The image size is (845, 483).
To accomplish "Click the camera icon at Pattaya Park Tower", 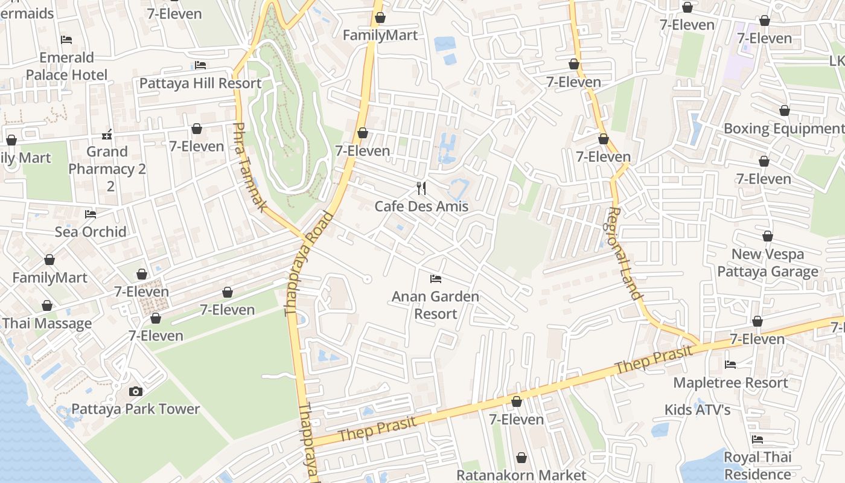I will pyautogui.click(x=136, y=391).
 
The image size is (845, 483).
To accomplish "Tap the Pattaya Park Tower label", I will pyautogui.click(x=136, y=409).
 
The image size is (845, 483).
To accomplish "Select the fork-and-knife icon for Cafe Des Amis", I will pyautogui.click(x=421, y=188).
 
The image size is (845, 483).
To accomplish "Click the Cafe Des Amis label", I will pyautogui.click(x=421, y=206).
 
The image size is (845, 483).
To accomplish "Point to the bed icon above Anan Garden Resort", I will pyautogui.click(x=436, y=278).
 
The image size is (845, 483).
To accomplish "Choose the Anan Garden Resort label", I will pyautogui.click(x=435, y=305).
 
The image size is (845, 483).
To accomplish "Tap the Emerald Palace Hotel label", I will pyautogui.click(x=66, y=66).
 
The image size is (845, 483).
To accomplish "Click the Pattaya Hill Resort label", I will pyautogui.click(x=200, y=83).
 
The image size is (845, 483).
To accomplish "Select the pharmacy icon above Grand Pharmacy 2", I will pyautogui.click(x=107, y=134).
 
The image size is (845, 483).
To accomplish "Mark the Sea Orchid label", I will pyautogui.click(x=91, y=232).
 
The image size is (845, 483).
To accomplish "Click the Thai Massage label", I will pyautogui.click(x=47, y=323).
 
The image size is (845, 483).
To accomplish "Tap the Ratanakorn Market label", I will pyautogui.click(x=521, y=475).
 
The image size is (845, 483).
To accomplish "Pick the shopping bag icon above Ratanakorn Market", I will pyautogui.click(x=521, y=458).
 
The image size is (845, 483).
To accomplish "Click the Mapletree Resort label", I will pyautogui.click(x=730, y=383).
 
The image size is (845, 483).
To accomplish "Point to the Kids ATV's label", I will pyautogui.click(x=697, y=410).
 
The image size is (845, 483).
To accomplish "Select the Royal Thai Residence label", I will pyautogui.click(x=757, y=465).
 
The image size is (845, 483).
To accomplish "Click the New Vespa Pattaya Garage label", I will pyautogui.click(x=768, y=263).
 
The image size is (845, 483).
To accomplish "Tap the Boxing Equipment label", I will pyautogui.click(x=783, y=129).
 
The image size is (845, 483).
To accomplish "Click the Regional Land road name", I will pyautogui.click(x=625, y=254).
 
